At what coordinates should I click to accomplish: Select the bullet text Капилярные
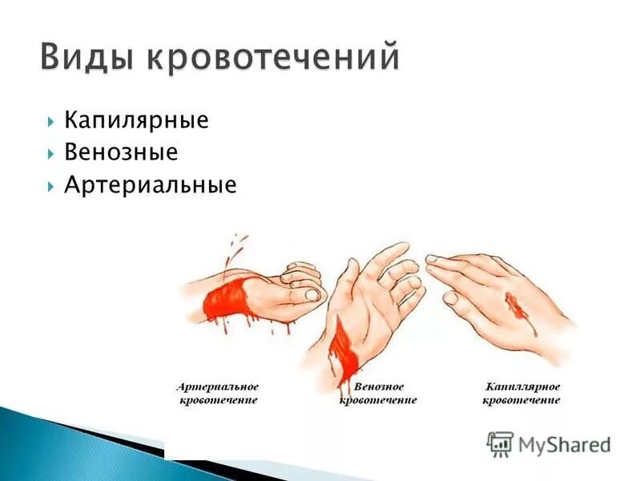(136, 121)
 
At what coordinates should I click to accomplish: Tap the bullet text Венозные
(121, 152)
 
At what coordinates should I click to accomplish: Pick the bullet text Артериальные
(151, 185)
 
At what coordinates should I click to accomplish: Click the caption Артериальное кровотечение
(217, 394)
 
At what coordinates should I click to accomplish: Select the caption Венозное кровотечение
(377, 394)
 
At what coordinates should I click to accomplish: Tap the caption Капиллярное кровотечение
(522, 394)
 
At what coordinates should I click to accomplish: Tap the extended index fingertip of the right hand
(431, 260)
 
